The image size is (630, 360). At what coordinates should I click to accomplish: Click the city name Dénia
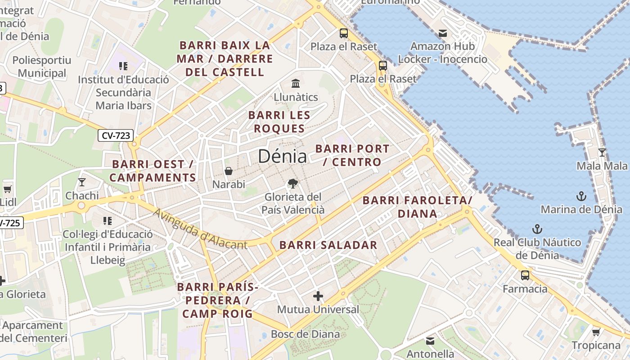[x=283, y=156]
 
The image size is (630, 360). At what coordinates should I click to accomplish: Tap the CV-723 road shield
[x=116, y=135]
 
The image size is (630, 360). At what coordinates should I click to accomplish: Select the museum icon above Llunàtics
[x=296, y=83]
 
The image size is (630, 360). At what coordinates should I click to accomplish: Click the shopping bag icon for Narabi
[x=229, y=171]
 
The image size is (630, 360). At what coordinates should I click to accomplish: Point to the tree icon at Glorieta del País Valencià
[x=293, y=183]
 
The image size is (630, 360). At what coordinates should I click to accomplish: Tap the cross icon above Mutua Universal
[x=318, y=296]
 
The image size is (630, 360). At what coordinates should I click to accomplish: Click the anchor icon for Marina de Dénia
[x=581, y=196]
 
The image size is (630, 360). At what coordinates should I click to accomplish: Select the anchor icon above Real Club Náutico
[x=536, y=229]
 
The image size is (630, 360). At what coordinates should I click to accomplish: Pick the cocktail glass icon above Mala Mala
[x=602, y=153]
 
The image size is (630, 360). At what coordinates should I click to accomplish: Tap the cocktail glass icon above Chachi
[x=81, y=182]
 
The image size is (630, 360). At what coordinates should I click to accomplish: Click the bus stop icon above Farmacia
[x=525, y=275]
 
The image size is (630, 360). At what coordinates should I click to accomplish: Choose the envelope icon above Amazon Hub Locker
[x=443, y=33]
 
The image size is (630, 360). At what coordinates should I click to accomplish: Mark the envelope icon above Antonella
[x=430, y=341]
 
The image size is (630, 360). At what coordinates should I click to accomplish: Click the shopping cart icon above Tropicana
[x=596, y=332]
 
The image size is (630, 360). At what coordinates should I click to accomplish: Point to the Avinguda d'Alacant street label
[x=200, y=229]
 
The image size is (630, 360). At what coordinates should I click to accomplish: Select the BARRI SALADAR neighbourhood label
[x=328, y=245]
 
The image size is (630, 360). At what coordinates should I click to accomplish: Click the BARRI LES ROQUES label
[x=279, y=122]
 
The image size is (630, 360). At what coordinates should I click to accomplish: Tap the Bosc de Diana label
[x=305, y=334]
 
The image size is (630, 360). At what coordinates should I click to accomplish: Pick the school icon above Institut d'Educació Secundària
[x=123, y=66]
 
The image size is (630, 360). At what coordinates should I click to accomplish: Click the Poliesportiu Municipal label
[x=42, y=67]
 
